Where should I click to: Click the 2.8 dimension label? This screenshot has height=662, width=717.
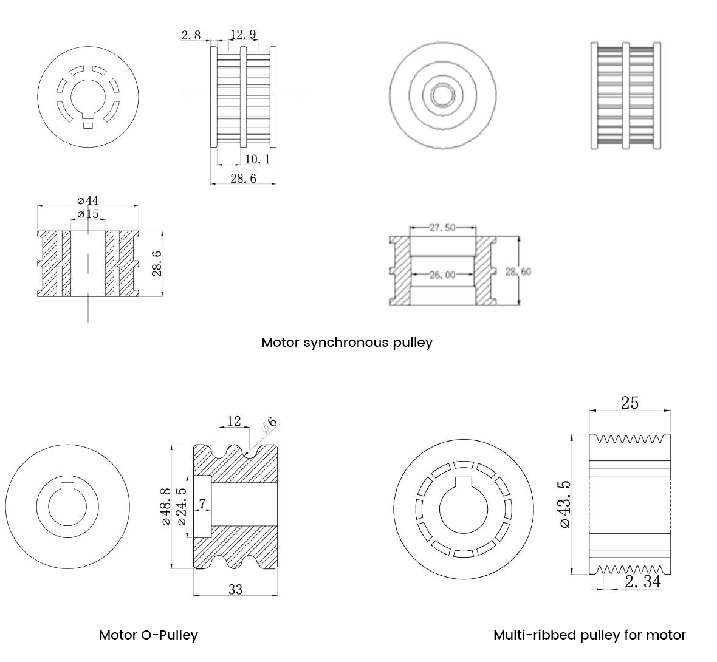pos(191,35)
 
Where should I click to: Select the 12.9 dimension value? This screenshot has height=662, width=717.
pos(243,35)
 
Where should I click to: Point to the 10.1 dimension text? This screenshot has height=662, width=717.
pos(257,160)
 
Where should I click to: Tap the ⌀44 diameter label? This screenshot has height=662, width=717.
pos(88,200)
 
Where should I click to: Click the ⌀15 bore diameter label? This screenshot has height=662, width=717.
pos(88,214)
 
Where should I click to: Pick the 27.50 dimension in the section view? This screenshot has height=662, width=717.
pos(442,228)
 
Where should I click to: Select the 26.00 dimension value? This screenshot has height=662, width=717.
pos(442,275)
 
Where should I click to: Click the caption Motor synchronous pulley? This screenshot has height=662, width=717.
pos(346,343)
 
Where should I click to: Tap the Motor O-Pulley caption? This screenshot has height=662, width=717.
pos(148,635)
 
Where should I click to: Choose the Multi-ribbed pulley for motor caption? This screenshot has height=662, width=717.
pos(589,635)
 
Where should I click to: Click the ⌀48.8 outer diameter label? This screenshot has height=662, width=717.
pos(165,507)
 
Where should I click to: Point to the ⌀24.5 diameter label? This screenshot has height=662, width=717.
pos(180,507)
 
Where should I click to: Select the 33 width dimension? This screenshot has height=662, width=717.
pos(235,589)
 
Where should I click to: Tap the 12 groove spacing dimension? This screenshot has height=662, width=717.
pos(234,421)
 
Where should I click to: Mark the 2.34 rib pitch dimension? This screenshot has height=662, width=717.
pos(642,582)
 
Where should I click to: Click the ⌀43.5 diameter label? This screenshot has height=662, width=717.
pos(565,504)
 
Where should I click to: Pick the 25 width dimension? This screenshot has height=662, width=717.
pos(630,403)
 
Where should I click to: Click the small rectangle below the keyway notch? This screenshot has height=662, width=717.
pos(88,126)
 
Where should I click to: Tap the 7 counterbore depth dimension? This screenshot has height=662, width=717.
pos(202,504)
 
